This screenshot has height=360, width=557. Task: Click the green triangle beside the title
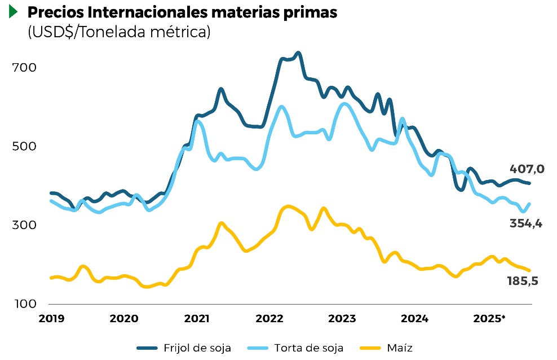click(14, 12)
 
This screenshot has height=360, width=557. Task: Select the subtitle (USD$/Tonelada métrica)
click(119, 32)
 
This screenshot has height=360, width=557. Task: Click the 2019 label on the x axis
click(51, 318)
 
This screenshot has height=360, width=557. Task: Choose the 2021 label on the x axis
click(197, 318)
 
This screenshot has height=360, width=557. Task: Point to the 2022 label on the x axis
click(269, 318)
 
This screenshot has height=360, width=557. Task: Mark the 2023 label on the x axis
click(342, 318)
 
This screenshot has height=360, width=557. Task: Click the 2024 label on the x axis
click(414, 318)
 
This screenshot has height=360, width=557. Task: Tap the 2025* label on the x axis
click(489, 318)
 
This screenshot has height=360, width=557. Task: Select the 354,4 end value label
click(526, 223)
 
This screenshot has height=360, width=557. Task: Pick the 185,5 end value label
click(522, 280)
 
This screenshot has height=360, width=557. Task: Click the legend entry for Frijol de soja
click(184, 348)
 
